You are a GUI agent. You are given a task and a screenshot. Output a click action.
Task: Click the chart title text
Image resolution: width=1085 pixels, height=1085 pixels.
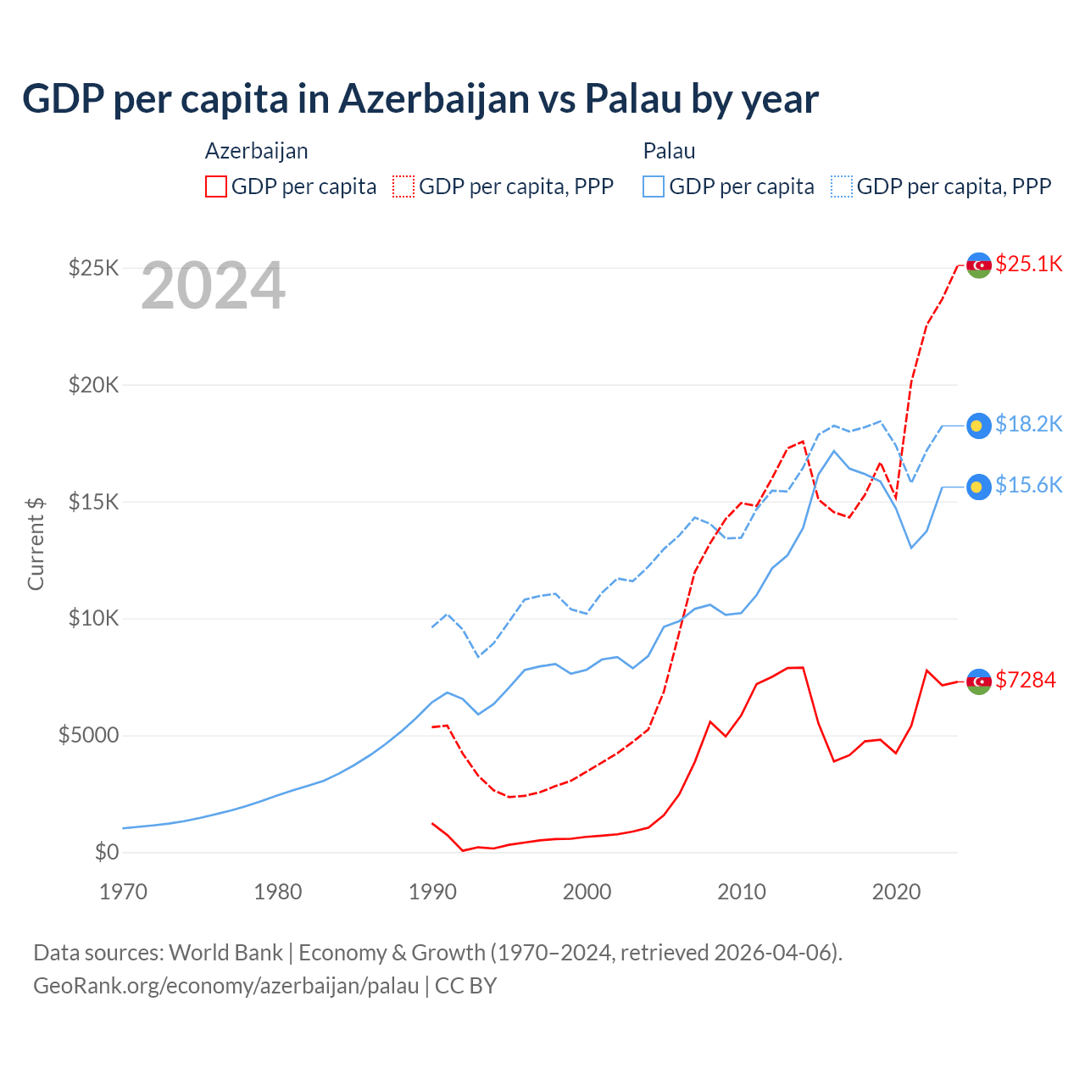click(x=420, y=99)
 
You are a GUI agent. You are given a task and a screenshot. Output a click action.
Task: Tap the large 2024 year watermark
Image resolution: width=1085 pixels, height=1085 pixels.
click(x=213, y=287)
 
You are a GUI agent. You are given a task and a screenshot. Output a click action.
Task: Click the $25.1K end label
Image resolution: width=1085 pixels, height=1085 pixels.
click(x=1028, y=264)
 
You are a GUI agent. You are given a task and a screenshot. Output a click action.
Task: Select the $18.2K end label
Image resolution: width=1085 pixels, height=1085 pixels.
click(x=1028, y=424)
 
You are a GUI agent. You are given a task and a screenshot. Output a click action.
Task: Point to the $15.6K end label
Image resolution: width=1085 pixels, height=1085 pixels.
click(x=1028, y=485)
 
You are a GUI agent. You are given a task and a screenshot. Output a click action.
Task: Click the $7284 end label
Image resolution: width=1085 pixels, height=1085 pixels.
click(x=1026, y=680)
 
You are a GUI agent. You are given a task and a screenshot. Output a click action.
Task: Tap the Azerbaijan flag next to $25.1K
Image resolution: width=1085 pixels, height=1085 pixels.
click(x=979, y=265)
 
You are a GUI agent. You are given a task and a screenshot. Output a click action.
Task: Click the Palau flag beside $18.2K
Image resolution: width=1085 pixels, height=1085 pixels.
click(x=979, y=426)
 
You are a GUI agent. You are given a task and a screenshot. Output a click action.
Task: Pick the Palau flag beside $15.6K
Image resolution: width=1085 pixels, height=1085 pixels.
click(x=979, y=487)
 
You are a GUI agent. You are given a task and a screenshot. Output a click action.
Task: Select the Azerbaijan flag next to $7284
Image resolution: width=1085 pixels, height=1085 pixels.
click(x=979, y=682)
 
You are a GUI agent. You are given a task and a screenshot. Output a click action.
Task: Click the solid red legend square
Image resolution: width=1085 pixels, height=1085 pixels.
click(x=216, y=186)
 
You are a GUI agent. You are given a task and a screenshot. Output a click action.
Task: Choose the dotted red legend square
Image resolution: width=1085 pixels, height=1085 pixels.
click(x=403, y=186)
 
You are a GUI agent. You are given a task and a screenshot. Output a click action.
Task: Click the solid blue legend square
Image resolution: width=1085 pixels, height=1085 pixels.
click(x=654, y=186)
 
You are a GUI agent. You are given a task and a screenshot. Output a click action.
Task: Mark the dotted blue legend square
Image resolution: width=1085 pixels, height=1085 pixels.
click(x=842, y=186)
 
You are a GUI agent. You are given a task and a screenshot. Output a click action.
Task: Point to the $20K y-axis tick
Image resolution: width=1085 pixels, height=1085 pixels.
click(x=94, y=386)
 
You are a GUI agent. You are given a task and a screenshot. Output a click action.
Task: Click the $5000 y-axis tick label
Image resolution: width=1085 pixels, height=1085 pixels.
click(x=89, y=735)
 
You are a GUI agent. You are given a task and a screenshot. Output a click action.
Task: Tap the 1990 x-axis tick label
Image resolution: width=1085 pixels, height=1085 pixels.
click(x=432, y=892)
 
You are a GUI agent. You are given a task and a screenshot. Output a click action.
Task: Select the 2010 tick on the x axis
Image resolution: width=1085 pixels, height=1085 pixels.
click(x=742, y=892)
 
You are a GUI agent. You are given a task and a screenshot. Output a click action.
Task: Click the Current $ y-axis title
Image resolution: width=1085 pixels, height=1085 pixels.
click(x=36, y=543)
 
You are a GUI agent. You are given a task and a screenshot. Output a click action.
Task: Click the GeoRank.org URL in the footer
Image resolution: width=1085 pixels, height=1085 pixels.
click(x=226, y=986)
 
